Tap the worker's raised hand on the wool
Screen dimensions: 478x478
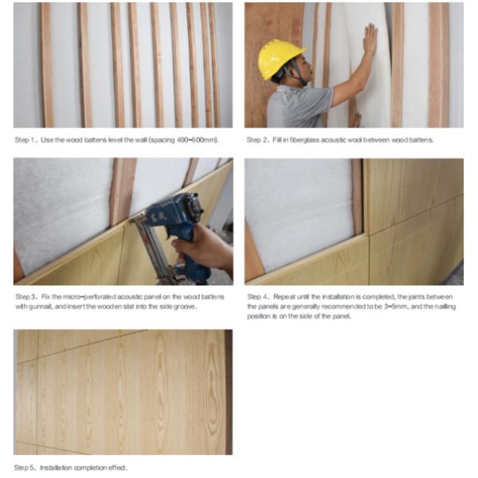(x=370, y=39)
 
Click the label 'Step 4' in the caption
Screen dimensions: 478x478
(x=257, y=296)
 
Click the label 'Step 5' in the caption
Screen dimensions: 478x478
(x=25, y=468)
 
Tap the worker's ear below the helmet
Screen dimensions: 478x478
(x=291, y=71)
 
